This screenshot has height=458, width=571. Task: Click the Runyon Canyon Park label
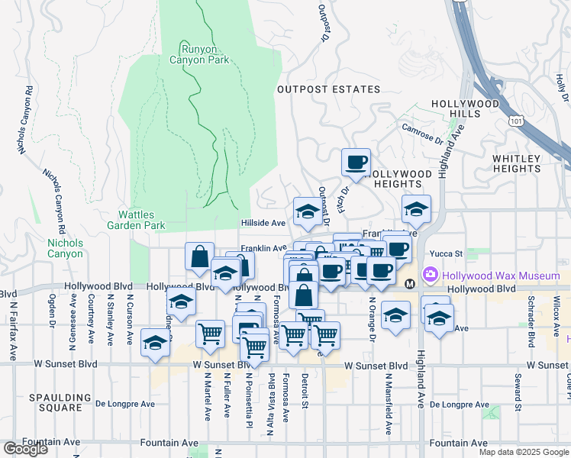click(204, 53)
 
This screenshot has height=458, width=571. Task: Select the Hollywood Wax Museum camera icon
click(430, 274)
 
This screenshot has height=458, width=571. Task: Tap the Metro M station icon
click(410, 284)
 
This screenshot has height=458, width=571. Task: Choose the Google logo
click(24, 449)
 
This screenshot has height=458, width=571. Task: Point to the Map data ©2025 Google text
click(523, 452)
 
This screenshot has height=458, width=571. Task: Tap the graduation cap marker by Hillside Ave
click(307, 211)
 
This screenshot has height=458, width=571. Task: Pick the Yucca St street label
click(449, 253)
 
